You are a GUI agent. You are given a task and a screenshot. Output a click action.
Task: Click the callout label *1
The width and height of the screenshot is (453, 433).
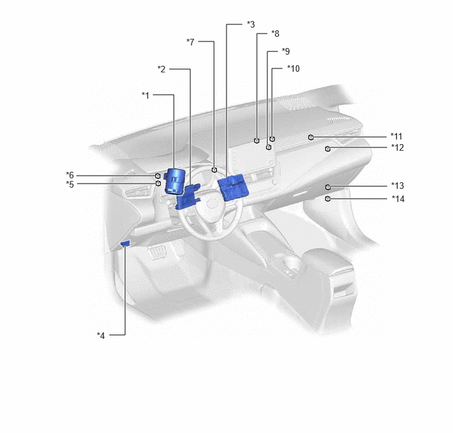point(146,95)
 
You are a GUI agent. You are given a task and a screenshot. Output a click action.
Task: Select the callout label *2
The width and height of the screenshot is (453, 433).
point(161,69)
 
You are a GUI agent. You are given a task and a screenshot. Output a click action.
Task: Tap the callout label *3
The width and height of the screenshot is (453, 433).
point(251,24)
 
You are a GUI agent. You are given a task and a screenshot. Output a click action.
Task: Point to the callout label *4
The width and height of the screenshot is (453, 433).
point(101,336)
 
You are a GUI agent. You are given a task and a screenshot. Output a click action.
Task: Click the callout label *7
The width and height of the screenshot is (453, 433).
point(190,42)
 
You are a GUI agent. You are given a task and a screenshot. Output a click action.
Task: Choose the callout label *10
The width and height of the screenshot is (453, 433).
point(293,68)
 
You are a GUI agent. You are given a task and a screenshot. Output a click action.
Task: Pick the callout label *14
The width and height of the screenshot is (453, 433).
point(398,199)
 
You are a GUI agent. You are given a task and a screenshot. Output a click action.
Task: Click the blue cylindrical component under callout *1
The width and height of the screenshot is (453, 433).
point(174,181)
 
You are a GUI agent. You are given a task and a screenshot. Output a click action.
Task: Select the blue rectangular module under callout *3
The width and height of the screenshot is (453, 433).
point(233,187)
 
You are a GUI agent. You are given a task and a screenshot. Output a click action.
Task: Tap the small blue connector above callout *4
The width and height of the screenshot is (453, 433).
point(125,244)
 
